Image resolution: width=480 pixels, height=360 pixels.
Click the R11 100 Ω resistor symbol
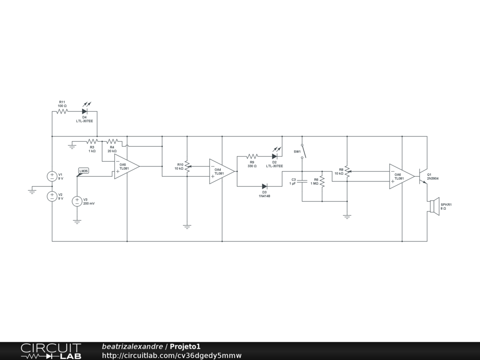click(62, 112)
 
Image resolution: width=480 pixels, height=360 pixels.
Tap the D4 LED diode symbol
click(85, 111)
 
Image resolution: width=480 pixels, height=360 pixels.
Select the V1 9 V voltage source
click(52, 176)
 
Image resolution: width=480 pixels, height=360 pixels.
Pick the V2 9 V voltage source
click(52, 196)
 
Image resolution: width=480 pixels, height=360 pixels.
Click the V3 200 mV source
click(77, 201)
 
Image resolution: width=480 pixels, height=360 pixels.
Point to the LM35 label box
click(83, 171)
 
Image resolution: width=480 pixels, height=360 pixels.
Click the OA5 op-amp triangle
click(127, 166)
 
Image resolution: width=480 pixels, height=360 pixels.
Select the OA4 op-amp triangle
click(222, 172)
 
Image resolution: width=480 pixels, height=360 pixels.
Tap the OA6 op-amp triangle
click(402, 176)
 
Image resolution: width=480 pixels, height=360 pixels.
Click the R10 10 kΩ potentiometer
click(187, 166)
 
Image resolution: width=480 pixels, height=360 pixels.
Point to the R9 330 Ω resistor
click(252, 157)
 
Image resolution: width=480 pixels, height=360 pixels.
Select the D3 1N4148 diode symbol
click(264, 186)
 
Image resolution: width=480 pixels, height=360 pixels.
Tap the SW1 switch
click(303, 151)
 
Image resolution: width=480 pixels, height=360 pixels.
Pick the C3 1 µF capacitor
click(302, 181)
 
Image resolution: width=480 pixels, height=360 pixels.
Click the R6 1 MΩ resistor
click(322, 181)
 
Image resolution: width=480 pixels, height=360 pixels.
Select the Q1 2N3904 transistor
click(423, 176)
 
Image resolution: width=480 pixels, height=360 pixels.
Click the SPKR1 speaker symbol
click(435, 205)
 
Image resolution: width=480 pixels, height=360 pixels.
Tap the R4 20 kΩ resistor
click(112, 141)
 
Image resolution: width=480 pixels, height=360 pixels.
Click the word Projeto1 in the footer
click(185, 346)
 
